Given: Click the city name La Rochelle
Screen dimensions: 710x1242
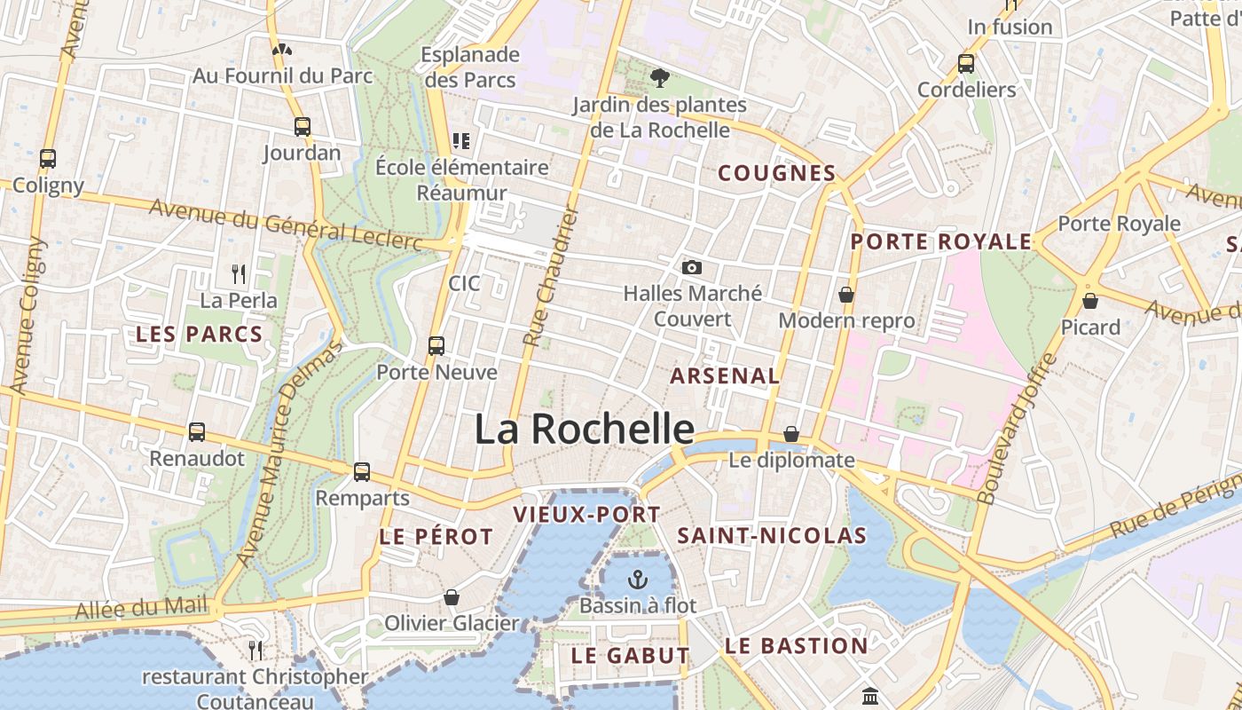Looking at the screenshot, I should (x=584, y=429).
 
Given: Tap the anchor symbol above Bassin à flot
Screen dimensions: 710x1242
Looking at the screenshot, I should (x=637, y=580).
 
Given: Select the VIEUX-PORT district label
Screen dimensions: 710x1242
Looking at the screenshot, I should (x=586, y=515).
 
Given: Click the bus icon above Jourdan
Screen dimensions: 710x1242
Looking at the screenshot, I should (x=303, y=127).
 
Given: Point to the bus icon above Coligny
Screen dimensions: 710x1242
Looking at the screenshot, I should (x=48, y=159).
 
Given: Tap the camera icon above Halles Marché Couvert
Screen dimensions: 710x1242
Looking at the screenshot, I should (x=692, y=267).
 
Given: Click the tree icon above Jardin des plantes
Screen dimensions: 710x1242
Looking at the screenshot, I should (x=659, y=79).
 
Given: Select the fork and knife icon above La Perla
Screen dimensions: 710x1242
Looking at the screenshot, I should (x=238, y=273).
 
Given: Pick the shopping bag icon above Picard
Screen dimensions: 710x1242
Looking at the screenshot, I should (x=1090, y=301).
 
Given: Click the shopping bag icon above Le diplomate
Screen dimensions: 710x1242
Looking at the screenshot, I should (x=791, y=434).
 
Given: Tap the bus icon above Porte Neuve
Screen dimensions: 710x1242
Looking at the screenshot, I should (x=436, y=345).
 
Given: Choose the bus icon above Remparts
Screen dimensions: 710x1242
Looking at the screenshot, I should (x=362, y=471).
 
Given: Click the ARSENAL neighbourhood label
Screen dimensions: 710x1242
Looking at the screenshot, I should (x=725, y=375).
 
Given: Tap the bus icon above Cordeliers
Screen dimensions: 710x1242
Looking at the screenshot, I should (x=966, y=64).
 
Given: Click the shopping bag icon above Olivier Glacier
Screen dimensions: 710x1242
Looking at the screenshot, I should (x=452, y=597).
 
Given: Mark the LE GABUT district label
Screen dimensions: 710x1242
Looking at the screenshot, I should (x=630, y=656).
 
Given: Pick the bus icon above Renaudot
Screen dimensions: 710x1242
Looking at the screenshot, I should (x=197, y=432).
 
